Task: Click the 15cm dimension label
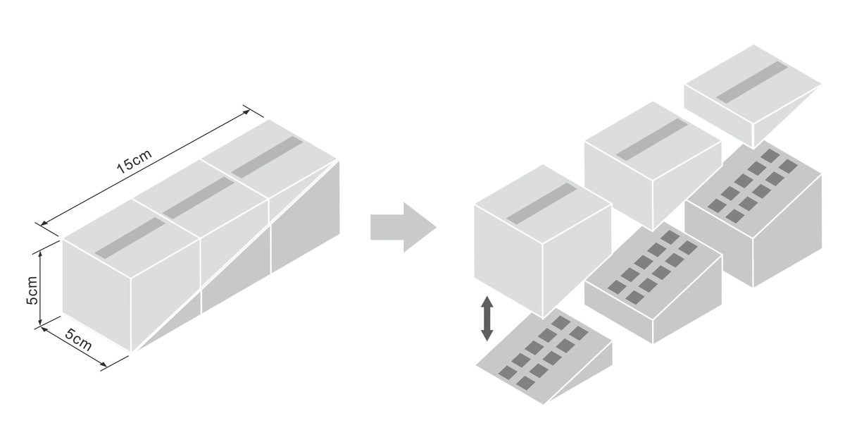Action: coord(134,162)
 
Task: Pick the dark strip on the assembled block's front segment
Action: coord(130,237)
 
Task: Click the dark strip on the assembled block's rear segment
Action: coord(266,156)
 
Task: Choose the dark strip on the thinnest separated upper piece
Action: coord(752,81)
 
